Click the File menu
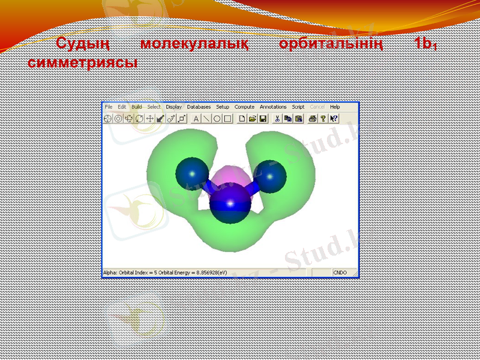(109, 107)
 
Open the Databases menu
(199, 107)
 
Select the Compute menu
(244, 107)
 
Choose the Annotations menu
(273, 107)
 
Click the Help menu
(335, 107)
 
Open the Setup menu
(223, 107)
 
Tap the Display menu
(174, 107)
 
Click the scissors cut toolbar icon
(277, 119)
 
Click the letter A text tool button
(196, 119)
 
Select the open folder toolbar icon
(253, 119)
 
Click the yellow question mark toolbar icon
(323, 119)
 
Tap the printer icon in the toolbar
(312, 119)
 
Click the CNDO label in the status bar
(340, 273)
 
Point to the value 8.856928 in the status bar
(202, 273)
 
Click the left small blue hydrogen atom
(190, 172)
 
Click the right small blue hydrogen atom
(272, 176)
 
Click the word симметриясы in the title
(82, 62)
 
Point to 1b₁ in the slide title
(423, 44)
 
